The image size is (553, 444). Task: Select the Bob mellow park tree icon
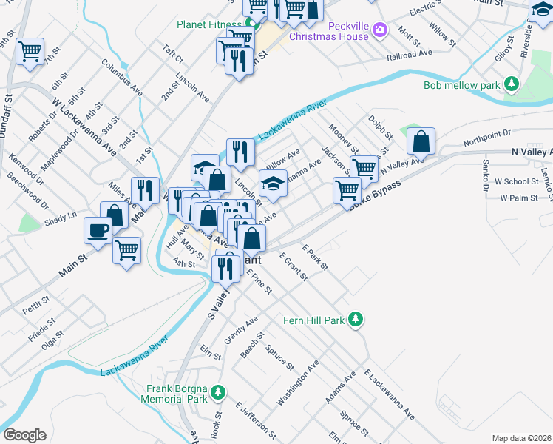tap(512, 84)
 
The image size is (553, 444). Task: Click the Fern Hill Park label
tap(314, 320)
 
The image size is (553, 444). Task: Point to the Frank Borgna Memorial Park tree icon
tap(217, 390)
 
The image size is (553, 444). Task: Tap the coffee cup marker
tap(98, 230)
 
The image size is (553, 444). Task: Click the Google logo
tap(24, 435)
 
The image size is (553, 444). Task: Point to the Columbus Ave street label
tap(122, 78)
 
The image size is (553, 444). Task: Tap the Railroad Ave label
tap(409, 55)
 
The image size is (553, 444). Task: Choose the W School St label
tap(516, 181)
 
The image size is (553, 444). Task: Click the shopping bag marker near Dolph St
tap(421, 141)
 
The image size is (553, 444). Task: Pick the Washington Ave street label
tap(298, 383)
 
